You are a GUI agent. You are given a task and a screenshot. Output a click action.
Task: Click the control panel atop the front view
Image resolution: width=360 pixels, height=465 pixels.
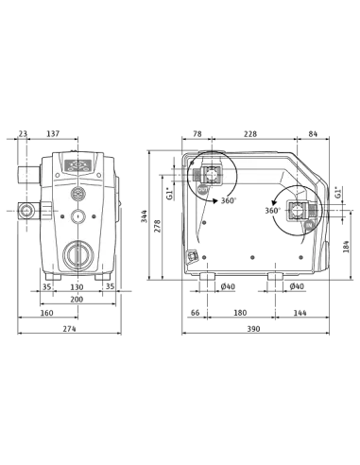77,168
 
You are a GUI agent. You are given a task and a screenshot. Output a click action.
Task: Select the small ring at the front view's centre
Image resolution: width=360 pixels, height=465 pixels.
77,216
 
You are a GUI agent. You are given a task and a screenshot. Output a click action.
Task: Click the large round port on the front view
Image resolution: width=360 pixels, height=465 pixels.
77,253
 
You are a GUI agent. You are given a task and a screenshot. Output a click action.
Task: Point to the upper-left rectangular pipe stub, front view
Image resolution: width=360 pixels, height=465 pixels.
27,174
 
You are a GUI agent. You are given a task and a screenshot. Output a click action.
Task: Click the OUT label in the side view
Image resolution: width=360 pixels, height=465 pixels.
204,192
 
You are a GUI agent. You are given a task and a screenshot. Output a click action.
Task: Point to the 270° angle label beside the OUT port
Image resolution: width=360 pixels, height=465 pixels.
227,201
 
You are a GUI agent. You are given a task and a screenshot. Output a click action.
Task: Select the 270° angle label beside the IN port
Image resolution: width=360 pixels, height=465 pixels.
274,206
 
